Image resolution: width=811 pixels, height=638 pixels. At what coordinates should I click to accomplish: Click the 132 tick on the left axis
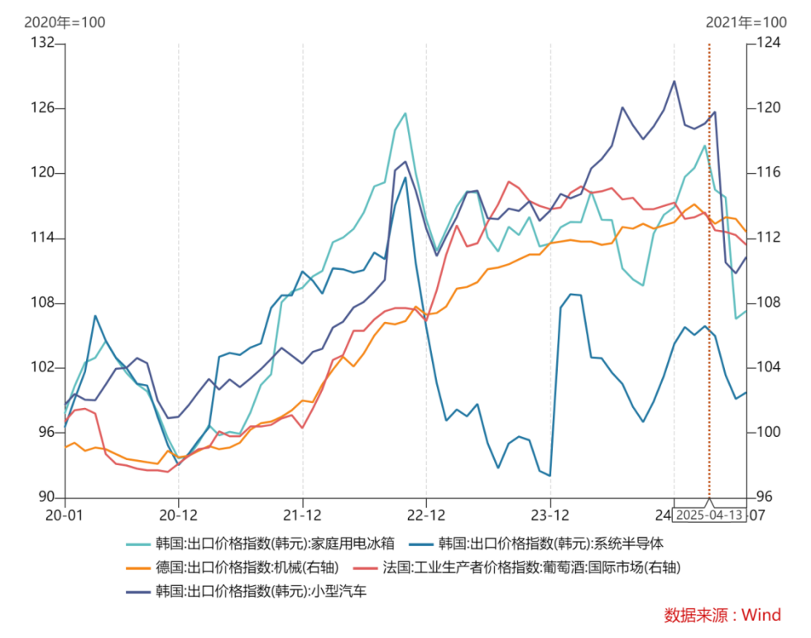click(42, 43)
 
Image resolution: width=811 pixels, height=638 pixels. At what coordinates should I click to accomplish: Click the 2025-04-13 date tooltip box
click(709, 515)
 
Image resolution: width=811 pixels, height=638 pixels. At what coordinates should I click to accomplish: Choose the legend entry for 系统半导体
click(550, 544)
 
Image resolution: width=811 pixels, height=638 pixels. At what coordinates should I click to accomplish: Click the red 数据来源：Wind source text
click(722, 615)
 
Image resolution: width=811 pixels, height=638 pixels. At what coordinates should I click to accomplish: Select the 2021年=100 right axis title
click(746, 22)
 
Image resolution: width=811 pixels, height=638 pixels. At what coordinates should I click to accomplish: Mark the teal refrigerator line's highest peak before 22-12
click(405, 113)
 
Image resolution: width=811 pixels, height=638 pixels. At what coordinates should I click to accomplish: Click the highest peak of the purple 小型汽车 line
click(674, 81)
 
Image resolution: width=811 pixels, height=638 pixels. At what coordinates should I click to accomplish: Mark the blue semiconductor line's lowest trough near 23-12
click(549, 476)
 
